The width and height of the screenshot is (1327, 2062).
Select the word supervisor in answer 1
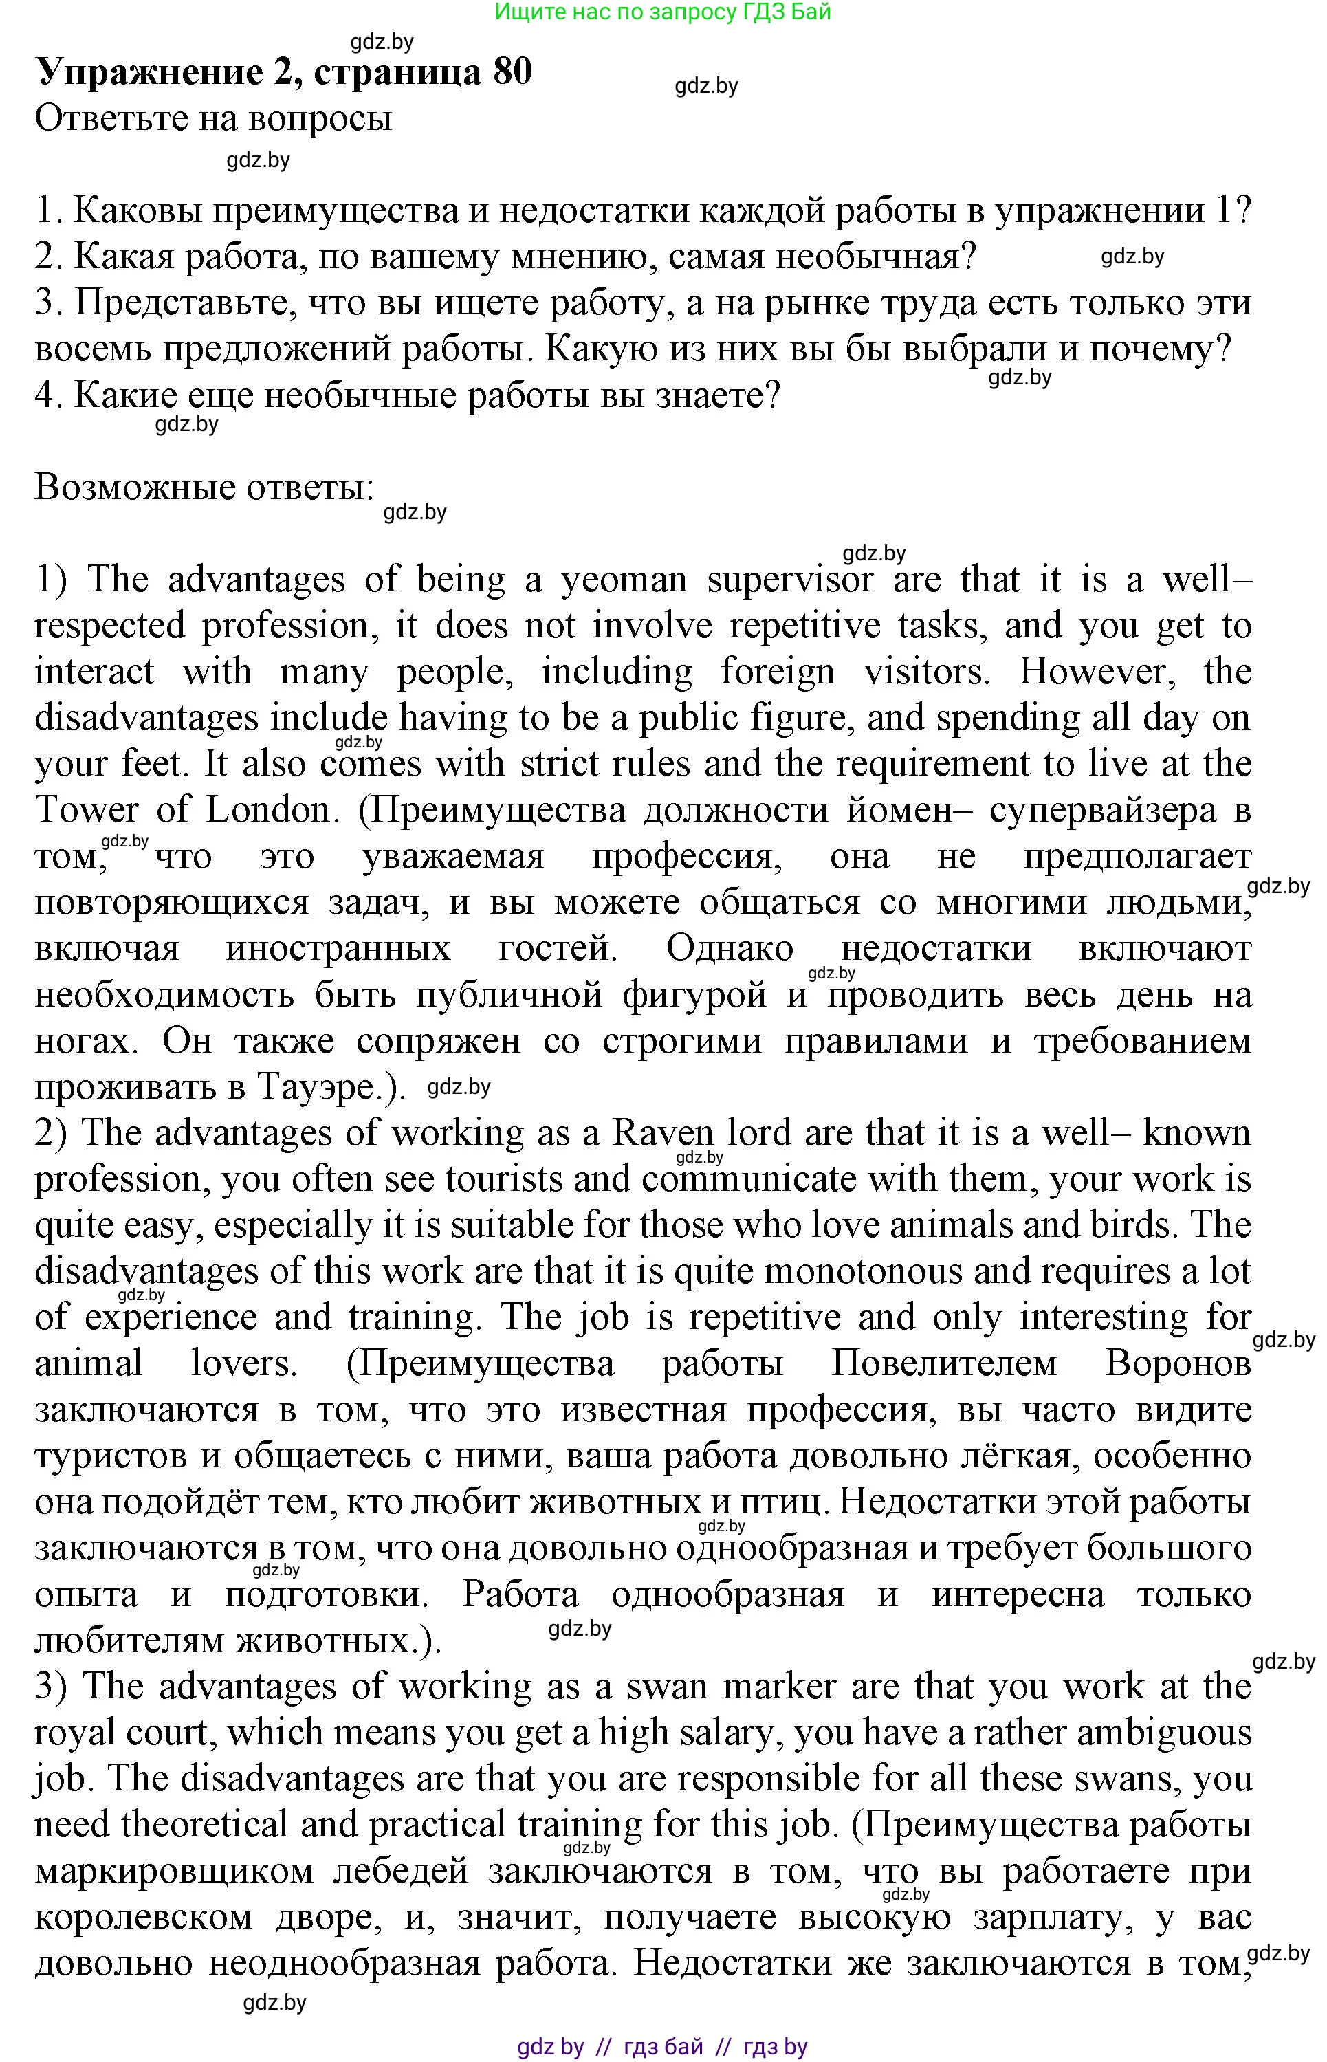coord(790,582)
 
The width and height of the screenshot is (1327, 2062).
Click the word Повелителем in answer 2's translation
coord(945,1364)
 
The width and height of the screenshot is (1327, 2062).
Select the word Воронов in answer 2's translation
coord(1178,1364)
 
